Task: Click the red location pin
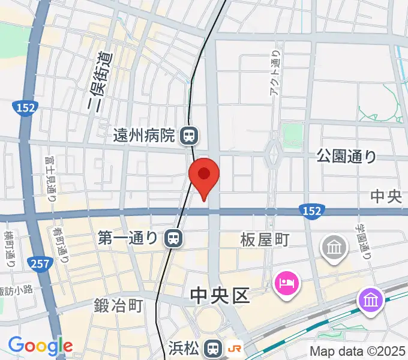[204, 175]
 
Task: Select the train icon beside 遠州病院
[188, 136]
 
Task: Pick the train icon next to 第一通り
[173, 238]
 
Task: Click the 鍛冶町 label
[119, 305]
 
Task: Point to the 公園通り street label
[347, 157]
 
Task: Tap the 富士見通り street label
[50, 178]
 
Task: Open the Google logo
[40, 346]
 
